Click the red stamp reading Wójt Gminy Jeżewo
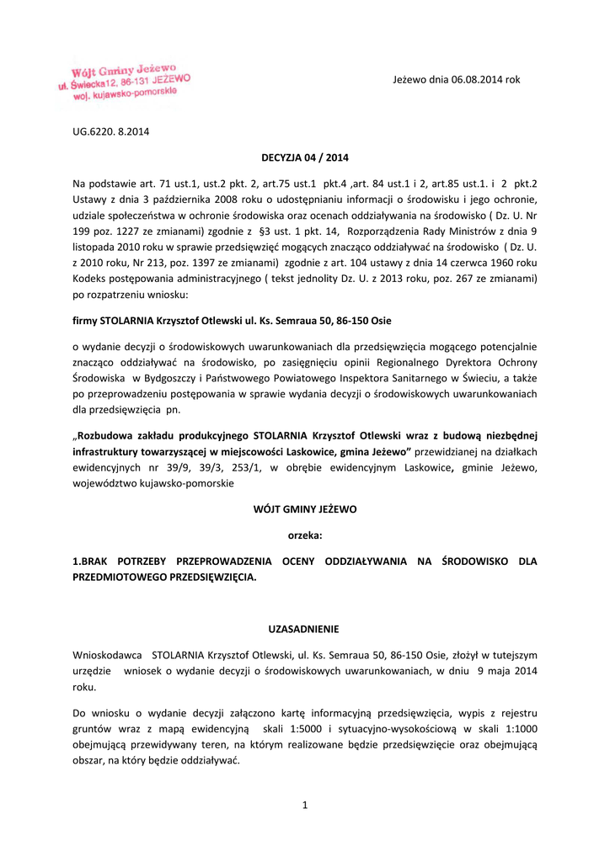(125, 82)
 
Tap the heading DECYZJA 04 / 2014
(305, 157)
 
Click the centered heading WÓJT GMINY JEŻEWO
(305, 509)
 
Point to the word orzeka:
(305, 535)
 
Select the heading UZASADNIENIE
(304, 629)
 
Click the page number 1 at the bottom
(305, 806)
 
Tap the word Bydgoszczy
(173, 378)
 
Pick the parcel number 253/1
(227, 467)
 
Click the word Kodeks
(91, 278)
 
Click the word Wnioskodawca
(106, 654)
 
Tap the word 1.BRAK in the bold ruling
(90, 561)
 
